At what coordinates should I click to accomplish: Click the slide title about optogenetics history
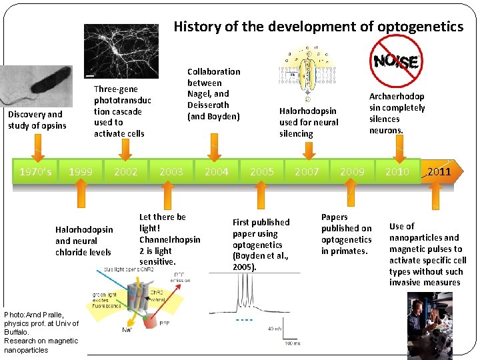[318, 27]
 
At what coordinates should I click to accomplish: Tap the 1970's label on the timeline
[34, 172]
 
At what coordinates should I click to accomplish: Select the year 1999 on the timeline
[81, 172]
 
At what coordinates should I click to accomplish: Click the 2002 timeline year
[126, 172]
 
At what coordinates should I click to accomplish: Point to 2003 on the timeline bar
[171, 172]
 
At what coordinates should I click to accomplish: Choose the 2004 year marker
[217, 172]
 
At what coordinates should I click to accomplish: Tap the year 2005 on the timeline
[262, 172]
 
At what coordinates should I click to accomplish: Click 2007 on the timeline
[307, 172]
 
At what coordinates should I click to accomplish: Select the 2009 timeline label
[353, 172]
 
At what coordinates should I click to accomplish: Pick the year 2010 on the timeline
[398, 172]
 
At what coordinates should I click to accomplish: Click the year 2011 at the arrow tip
[439, 172]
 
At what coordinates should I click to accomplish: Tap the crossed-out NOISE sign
[395, 61]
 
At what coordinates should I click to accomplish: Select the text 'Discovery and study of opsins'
[37, 120]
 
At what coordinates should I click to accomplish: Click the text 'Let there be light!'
[162, 223]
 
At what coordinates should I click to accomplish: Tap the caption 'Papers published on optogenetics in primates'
[346, 234]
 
